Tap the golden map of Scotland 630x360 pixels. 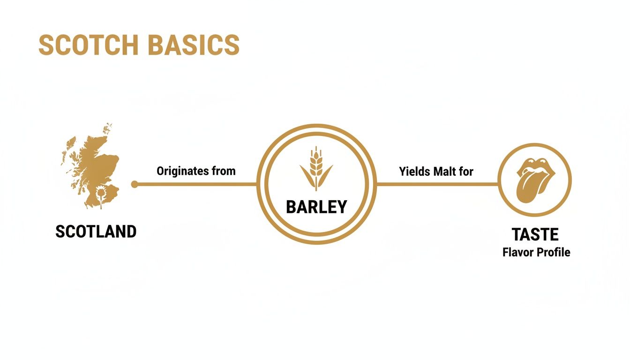point(94,155)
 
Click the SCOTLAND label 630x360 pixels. point(96,231)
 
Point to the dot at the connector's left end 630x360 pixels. point(135,184)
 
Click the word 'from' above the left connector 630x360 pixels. point(224,171)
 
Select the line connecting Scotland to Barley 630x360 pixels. point(197,184)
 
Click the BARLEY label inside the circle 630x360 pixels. point(316,207)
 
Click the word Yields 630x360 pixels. point(414,172)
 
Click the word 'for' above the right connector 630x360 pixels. point(466,172)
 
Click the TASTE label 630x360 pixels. point(535,234)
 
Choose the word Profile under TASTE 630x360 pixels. point(555,252)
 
